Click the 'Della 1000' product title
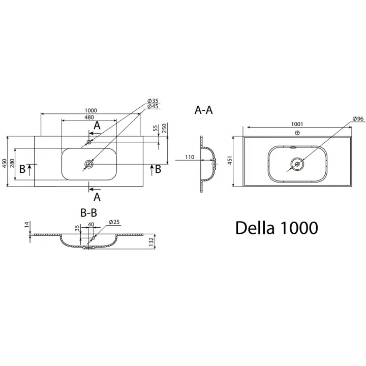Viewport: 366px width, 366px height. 277,227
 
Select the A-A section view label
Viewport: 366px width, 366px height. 203,110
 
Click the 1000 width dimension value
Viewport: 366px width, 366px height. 90,111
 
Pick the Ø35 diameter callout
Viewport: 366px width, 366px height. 153,101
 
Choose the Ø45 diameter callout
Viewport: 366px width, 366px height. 153,106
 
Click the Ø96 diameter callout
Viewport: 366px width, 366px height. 358,119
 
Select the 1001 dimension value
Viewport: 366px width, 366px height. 297,123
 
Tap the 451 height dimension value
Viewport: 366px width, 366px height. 229,161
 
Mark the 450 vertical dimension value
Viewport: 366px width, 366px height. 5,163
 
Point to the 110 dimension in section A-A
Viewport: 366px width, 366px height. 190,157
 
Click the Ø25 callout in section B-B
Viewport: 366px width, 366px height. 114,222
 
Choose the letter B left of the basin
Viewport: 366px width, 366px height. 22,169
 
